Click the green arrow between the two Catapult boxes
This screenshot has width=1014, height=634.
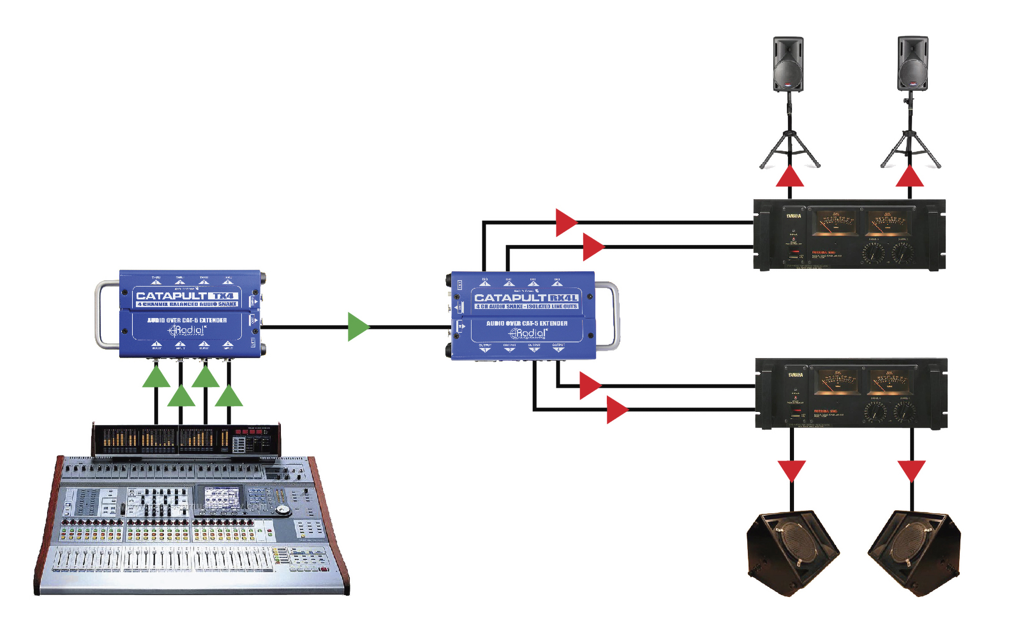point(358,327)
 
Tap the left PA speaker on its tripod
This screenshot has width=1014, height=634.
point(788,64)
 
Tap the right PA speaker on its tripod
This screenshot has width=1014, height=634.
point(913,63)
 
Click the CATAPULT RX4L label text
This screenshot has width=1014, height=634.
point(526,298)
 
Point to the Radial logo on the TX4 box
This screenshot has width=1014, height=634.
point(187,330)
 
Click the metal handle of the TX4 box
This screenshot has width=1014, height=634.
point(99,314)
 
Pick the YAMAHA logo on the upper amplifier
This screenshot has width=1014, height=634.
point(793,216)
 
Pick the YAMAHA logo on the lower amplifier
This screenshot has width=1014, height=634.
point(795,375)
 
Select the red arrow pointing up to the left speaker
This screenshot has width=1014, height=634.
point(789,177)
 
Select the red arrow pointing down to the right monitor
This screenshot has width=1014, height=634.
point(912,470)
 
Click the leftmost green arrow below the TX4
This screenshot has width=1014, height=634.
point(156,378)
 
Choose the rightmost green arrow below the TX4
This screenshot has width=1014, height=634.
point(229,396)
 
